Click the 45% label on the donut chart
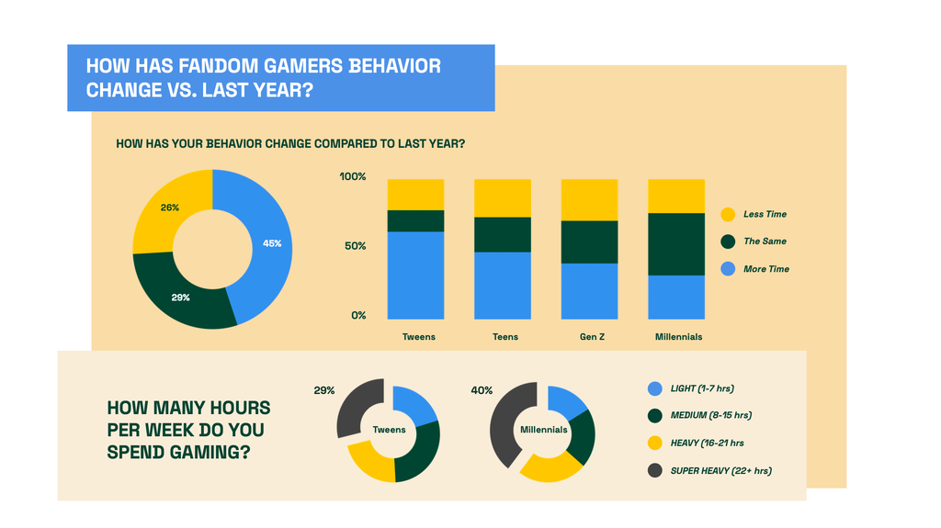pos(272,243)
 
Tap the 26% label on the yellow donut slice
pos(170,208)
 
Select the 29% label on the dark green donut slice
pos(181,298)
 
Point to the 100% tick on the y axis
pos(353,176)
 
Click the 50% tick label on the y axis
pos(356,246)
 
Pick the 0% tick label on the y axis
pos(359,316)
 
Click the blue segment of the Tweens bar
pos(416,275)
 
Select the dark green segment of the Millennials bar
pos(676,244)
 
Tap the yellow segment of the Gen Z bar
pos(589,200)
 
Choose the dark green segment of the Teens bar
pos(503,234)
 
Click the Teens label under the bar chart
pos(505,337)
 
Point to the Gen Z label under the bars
pos(593,337)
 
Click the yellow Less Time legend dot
pos(728,215)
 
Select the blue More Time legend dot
pos(728,269)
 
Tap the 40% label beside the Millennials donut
pos(482,390)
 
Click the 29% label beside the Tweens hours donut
pos(324,390)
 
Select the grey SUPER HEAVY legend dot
pos(654,470)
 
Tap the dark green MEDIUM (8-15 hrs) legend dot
pos(654,415)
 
